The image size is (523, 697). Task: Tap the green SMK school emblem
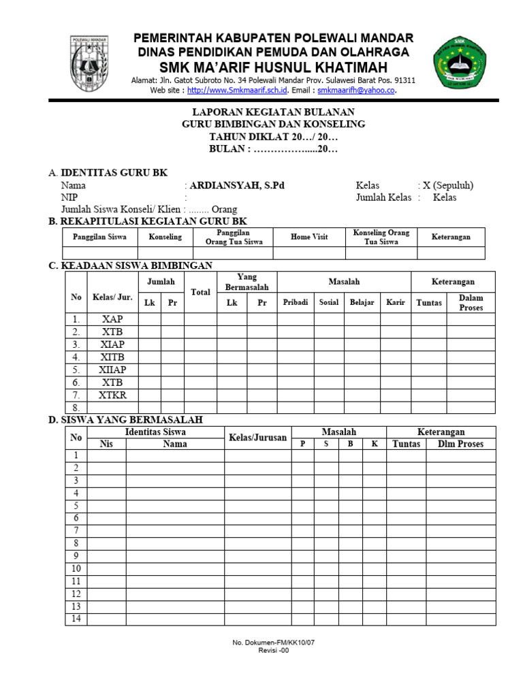pyautogui.click(x=460, y=66)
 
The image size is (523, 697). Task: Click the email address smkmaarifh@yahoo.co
pyautogui.click(x=356, y=90)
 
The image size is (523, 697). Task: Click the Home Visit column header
pyautogui.click(x=309, y=237)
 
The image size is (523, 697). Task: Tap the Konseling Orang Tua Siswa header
pyautogui.click(x=381, y=237)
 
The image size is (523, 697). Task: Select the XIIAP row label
pyautogui.click(x=112, y=370)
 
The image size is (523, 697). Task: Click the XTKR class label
pyautogui.click(x=112, y=395)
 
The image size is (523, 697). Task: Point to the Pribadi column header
pyautogui.click(x=296, y=302)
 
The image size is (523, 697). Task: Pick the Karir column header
pyautogui.click(x=396, y=302)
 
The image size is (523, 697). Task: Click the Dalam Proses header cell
pyautogui.click(x=471, y=303)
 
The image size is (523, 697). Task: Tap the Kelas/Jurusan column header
pyautogui.click(x=259, y=438)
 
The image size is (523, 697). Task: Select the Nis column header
pyautogui.click(x=106, y=444)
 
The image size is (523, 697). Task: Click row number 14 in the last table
pyautogui.click(x=76, y=619)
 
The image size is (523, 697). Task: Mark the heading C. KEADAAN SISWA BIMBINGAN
pyautogui.click(x=130, y=265)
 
